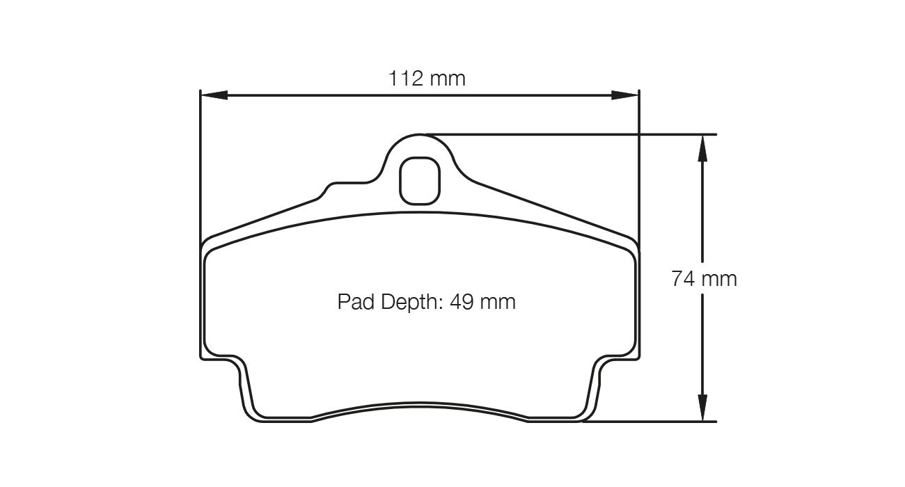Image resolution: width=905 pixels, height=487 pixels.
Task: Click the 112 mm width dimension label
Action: pyautogui.click(x=426, y=78)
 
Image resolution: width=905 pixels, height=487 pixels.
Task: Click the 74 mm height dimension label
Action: pyautogui.click(x=703, y=279)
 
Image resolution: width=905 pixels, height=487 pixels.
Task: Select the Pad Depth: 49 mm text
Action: pyautogui.click(x=426, y=302)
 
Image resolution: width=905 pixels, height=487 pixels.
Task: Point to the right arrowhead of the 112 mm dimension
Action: pyautogui.click(x=625, y=95)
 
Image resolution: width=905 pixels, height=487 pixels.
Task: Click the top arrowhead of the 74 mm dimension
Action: pyautogui.click(x=703, y=147)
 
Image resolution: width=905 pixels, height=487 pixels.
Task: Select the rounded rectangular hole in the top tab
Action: pyautogui.click(x=419, y=181)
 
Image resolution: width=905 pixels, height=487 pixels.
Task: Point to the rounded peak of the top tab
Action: pyautogui.click(x=420, y=135)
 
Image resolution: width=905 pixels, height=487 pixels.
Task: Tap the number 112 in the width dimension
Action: pyautogui.click(x=406, y=78)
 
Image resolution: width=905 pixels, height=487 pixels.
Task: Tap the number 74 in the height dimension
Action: pyautogui.click(x=682, y=279)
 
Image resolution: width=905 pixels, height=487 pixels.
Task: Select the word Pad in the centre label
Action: pyautogui.click(x=354, y=302)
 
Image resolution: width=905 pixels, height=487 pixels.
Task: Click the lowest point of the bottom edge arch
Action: pyautogui.click(x=420, y=403)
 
